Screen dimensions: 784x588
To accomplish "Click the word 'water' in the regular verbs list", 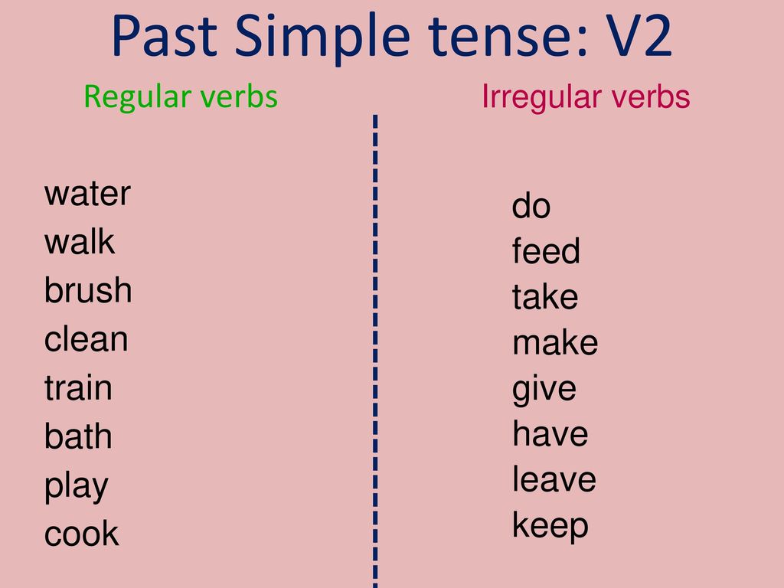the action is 87,194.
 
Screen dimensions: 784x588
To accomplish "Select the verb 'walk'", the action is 80,242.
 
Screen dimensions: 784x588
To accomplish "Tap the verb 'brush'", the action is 88,289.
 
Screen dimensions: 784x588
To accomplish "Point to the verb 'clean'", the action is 86,338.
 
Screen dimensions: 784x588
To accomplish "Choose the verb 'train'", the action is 78,387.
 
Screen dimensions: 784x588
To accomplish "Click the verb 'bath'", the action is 78,436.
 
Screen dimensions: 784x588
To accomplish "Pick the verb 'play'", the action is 76,486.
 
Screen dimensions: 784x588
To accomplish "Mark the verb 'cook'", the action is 81,534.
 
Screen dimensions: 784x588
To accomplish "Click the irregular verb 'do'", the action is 531,205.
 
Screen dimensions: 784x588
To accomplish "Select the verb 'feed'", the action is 546,250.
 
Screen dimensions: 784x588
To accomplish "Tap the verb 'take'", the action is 545,296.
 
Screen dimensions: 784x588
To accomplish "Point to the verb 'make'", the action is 555,342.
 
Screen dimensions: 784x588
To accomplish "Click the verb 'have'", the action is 550,433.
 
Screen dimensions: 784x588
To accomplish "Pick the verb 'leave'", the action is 554,479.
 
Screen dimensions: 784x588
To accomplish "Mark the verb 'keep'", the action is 550,526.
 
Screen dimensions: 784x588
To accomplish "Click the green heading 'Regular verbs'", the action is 181,97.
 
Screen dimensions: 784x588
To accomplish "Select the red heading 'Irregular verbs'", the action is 586,96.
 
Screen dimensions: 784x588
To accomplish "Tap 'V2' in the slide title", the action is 639,35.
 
